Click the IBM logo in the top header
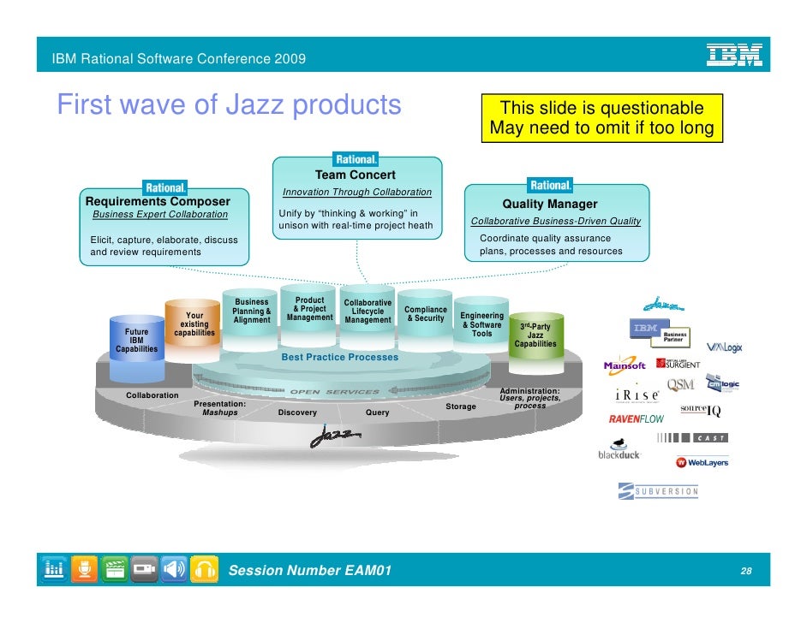733,56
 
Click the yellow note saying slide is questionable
601,119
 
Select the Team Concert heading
355,175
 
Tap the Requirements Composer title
158,201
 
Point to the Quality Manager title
549,205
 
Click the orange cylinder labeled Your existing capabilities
194,325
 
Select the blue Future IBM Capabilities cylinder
136,341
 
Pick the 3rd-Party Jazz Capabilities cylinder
535,335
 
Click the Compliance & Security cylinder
426,314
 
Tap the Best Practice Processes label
339,357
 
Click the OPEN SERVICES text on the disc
334,392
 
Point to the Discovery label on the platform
297,412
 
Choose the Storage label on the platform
460,406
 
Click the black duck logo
619,450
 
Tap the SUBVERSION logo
658,491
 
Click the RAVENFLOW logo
636,419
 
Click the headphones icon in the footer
204,570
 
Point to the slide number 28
746,571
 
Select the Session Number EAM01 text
312,571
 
